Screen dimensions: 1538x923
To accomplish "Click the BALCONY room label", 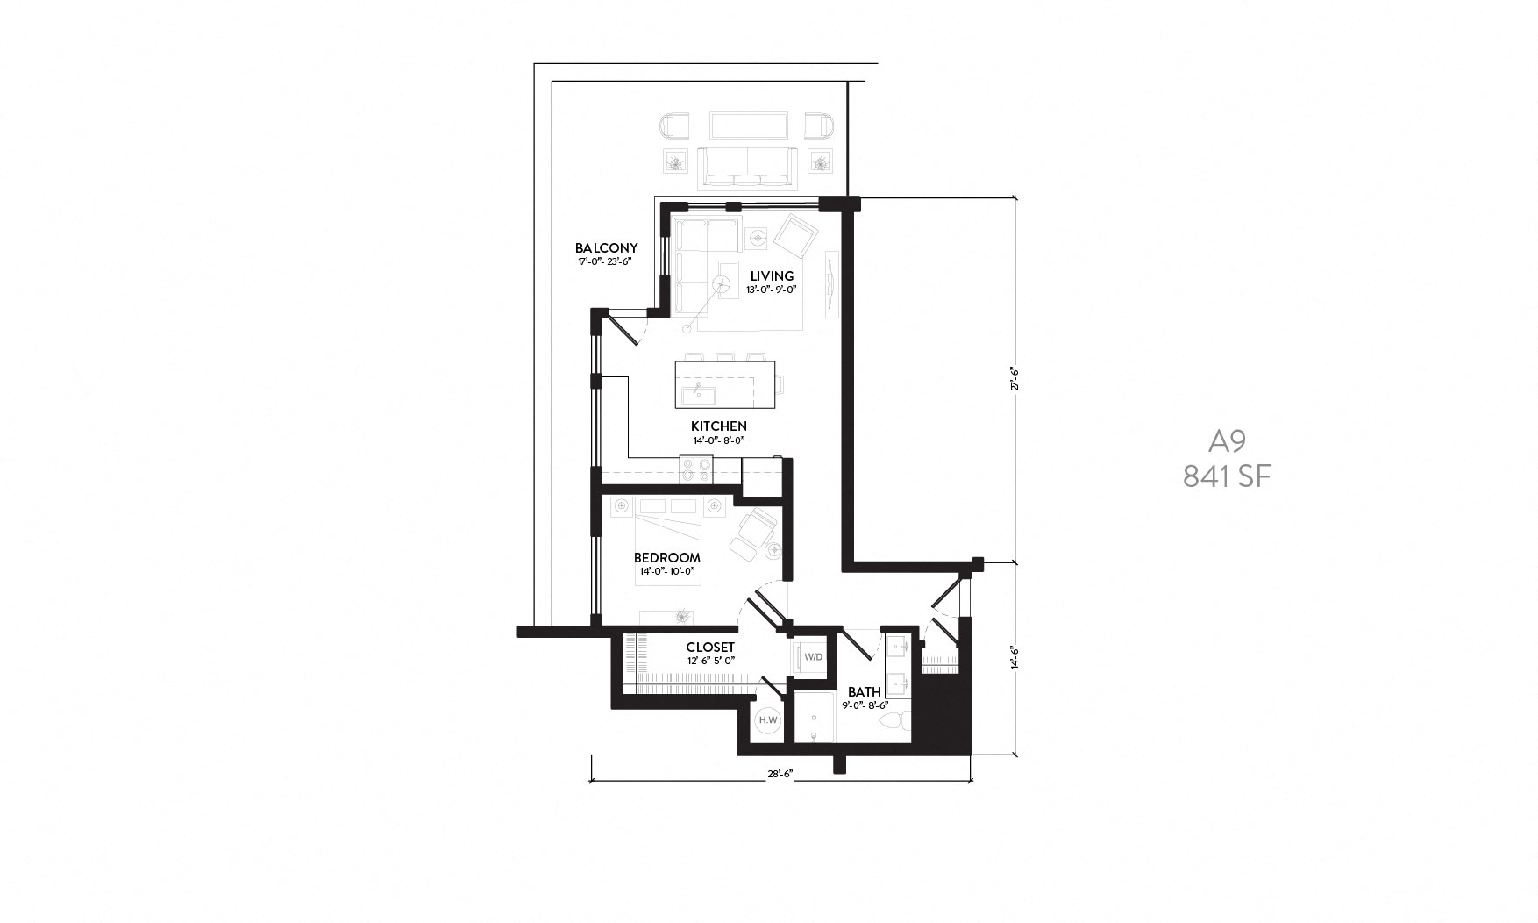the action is [x=606, y=248].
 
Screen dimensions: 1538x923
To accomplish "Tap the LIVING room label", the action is [x=772, y=276].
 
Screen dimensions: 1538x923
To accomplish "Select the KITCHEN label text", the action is [x=719, y=426].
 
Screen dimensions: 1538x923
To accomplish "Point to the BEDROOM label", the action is [x=667, y=558].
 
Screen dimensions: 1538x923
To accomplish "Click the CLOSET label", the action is [x=710, y=648].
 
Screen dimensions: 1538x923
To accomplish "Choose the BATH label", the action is [x=864, y=692].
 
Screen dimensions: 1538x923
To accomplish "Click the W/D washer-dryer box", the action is [x=813, y=657].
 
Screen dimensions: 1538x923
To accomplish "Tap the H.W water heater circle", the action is [x=768, y=720].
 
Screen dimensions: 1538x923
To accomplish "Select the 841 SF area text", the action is [x=1227, y=476].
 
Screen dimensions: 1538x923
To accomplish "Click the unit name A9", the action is [x=1227, y=440].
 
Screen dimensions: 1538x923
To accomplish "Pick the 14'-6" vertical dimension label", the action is [x=1015, y=658].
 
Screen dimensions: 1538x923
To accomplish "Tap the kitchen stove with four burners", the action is [x=697, y=469].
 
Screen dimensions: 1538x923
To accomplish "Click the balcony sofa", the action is [x=747, y=168].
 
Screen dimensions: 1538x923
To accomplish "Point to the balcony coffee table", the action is [x=747, y=125].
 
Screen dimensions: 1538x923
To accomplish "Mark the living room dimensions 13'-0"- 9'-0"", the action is [x=772, y=290].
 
